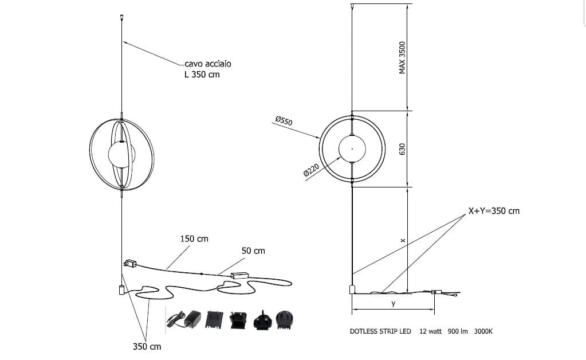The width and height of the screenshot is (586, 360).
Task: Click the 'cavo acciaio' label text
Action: [x=208, y=64]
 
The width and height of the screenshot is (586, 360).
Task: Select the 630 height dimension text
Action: [x=402, y=149]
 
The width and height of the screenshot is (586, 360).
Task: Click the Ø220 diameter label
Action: [x=310, y=170]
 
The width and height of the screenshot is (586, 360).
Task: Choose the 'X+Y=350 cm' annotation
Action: [x=494, y=211]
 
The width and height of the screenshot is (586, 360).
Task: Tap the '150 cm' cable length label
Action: [x=194, y=238]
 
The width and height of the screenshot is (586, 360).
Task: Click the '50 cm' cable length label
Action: [x=253, y=251]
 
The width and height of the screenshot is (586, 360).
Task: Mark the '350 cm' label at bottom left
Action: [x=147, y=347]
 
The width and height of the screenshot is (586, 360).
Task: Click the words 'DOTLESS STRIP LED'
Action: [x=380, y=331]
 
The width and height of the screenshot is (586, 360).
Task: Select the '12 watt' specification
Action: [x=430, y=331]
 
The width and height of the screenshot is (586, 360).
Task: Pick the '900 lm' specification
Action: [x=458, y=331]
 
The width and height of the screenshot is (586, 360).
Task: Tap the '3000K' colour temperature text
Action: [x=483, y=331]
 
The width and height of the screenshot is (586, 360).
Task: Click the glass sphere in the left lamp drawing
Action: [x=120, y=154]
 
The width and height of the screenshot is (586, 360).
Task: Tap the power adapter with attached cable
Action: [x=187, y=319]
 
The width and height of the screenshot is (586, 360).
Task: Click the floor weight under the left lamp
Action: [x=121, y=289]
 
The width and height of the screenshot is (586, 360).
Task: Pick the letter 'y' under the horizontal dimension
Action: [x=393, y=304]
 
